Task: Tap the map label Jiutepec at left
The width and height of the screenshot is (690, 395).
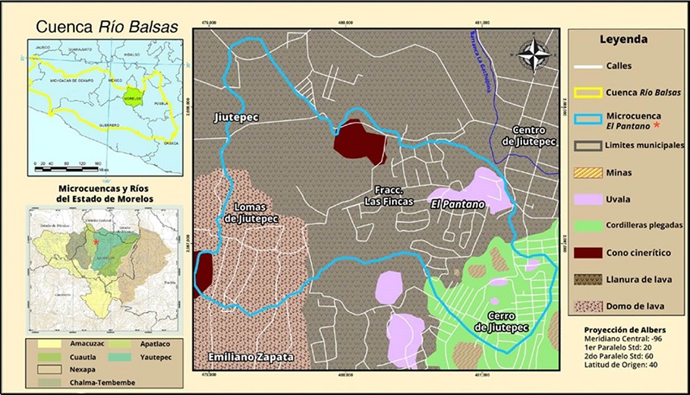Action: point(236,118)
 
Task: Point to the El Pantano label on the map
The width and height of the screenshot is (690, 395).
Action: point(452,203)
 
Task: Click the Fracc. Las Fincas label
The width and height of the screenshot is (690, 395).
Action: point(389,195)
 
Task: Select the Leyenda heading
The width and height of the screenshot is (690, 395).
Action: point(623,39)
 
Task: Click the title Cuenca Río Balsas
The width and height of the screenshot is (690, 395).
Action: point(106,25)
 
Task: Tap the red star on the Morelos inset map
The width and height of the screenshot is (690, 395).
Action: point(96,242)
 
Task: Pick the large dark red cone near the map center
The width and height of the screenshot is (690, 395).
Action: point(360,143)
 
